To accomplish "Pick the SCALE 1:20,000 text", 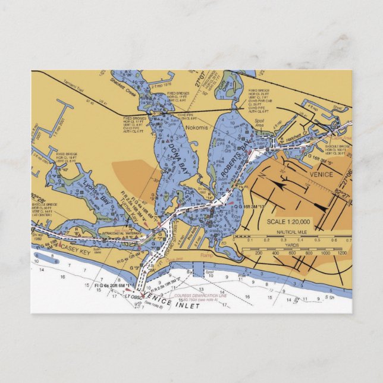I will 288,222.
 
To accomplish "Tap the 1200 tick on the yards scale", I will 341,253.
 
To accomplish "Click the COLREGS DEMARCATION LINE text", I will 201,294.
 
